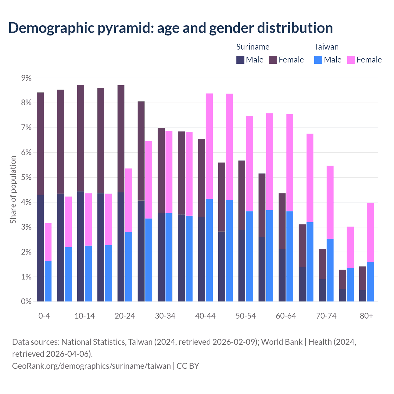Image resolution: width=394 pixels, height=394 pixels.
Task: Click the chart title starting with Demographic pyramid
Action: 171,28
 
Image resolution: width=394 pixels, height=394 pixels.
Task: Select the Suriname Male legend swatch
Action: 240,60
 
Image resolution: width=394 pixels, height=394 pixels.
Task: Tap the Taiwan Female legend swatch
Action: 351,60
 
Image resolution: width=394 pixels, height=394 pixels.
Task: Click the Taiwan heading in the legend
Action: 326,47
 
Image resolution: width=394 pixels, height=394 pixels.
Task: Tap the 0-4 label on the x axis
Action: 44,316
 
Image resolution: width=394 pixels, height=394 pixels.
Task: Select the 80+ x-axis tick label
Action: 366,316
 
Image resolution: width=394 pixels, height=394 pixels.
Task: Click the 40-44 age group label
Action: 205,316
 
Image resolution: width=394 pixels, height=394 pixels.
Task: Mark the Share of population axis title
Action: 13,189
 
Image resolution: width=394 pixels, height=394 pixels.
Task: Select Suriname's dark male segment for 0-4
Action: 40,248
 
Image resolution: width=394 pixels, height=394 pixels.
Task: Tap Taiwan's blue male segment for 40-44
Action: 209,250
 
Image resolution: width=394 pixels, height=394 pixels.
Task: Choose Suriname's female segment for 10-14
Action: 81,138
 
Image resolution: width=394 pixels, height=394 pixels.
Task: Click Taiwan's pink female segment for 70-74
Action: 330,202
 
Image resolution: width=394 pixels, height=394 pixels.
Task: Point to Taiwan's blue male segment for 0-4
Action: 48,281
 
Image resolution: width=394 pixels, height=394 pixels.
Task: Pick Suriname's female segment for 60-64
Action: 282,221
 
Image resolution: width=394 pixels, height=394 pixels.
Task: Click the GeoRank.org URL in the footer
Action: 91,366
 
